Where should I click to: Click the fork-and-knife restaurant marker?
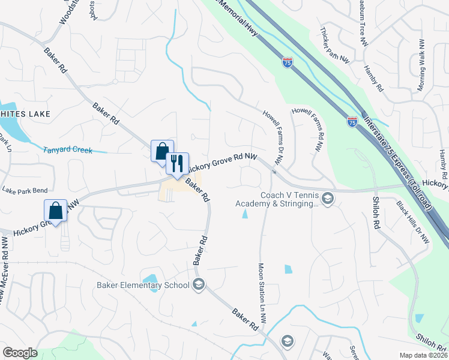[177, 163]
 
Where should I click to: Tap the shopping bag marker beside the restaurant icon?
[161, 151]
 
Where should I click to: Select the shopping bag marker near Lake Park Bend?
[55, 211]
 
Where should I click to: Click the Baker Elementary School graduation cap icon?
[199, 285]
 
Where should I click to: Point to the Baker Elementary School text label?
[143, 285]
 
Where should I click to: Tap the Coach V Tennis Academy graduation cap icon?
[328, 199]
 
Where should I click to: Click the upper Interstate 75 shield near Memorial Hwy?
[288, 62]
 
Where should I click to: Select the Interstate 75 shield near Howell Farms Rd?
[352, 122]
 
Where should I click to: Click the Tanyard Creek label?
[68, 149]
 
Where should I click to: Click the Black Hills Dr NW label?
[414, 222]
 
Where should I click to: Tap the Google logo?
[20, 353]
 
